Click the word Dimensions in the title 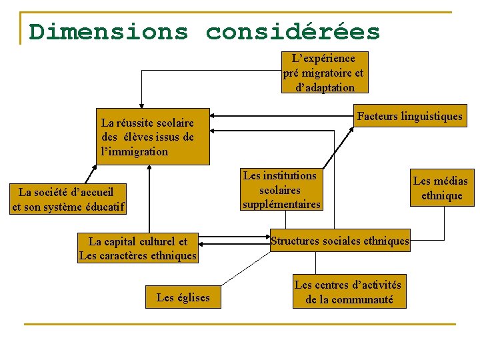[x=109, y=31]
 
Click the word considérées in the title [x=293, y=31]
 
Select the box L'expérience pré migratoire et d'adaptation [x=323, y=73]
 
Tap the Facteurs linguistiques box [x=409, y=116]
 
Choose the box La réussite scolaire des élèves [x=153, y=137]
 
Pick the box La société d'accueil [x=68, y=199]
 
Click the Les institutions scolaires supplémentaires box [x=281, y=190]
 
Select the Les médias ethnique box [x=441, y=188]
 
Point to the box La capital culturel [x=138, y=249]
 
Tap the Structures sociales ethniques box [x=340, y=241]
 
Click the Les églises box [x=183, y=297]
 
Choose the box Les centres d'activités [x=349, y=292]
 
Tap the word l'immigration [x=135, y=151]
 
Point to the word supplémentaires [x=281, y=204]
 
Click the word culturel [x=167, y=241]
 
